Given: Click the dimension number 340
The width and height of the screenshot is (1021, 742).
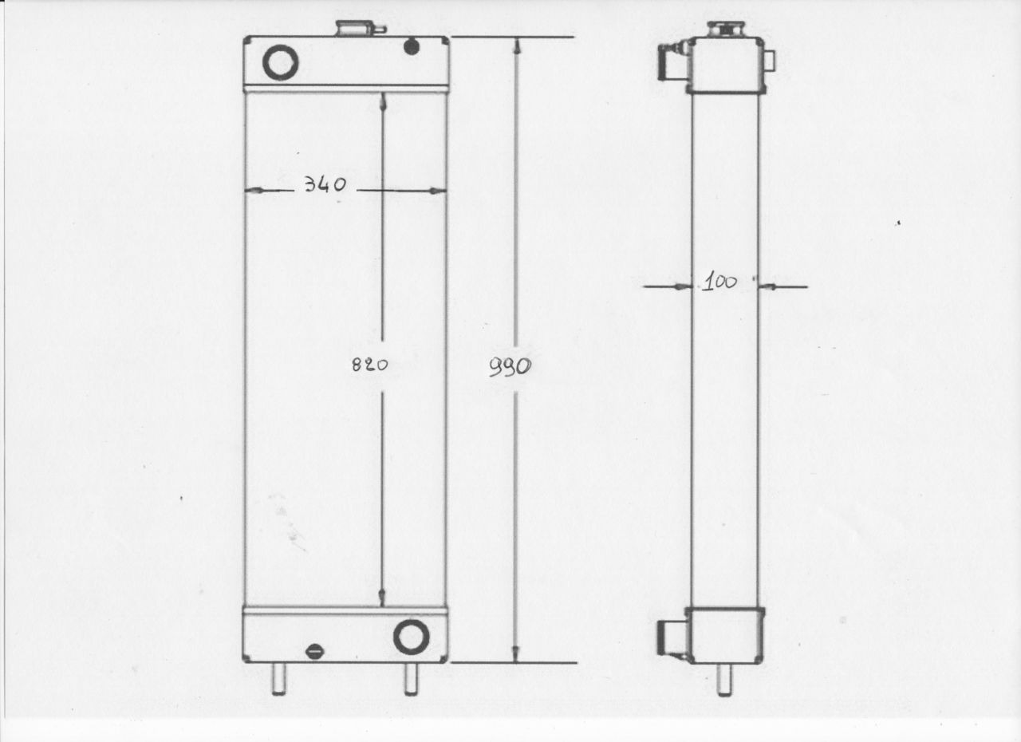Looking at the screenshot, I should [x=325, y=186].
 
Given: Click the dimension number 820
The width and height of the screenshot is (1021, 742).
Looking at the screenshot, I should [x=369, y=365].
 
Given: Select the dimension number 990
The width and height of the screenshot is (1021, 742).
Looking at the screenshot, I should [x=510, y=368].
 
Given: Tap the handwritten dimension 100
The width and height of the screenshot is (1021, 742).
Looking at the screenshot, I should [x=719, y=282].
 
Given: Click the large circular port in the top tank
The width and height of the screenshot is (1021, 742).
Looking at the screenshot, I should [x=281, y=62].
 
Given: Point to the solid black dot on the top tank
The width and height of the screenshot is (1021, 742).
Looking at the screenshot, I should [x=412, y=47].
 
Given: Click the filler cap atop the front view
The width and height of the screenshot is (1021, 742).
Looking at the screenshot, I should [x=355, y=29].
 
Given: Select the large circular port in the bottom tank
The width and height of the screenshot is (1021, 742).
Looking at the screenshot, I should [x=412, y=636].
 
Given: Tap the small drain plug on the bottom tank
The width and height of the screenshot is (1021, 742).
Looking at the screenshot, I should [x=315, y=651].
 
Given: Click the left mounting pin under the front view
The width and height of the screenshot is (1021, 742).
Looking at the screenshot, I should [x=279, y=678].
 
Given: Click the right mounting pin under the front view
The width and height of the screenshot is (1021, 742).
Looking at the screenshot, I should [x=411, y=678].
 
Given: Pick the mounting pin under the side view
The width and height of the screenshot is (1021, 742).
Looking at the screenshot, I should [x=724, y=679].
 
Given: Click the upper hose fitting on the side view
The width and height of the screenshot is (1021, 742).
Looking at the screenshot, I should [x=668, y=61].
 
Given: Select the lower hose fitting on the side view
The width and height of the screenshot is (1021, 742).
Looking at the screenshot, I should [x=668, y=639].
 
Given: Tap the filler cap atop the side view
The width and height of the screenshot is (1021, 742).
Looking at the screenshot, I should [x=726, y=29].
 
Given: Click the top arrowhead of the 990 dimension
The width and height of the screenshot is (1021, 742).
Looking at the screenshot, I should [x=518, y=46].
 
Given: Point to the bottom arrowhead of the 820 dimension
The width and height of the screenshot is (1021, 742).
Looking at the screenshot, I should [x=382, y=598].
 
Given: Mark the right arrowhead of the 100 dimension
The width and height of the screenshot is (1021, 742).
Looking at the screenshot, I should [x=764, y=286].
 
